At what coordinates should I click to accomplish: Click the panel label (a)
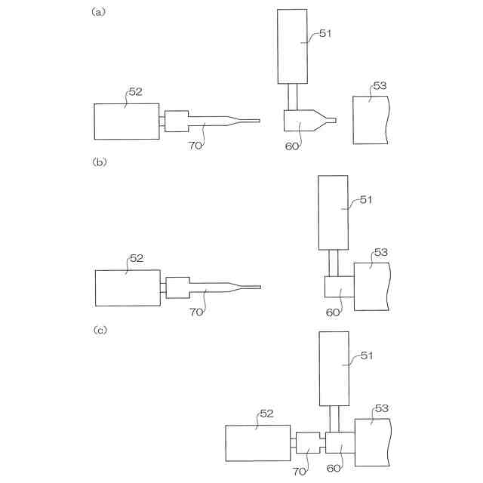[x=97, y=12]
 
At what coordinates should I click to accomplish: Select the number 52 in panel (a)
[x=135, y=92]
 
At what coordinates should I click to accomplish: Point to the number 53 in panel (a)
[x=380, y=86]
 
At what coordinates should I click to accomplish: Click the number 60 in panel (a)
[x=292, y=146]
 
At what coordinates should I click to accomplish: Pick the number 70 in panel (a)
[x=195, y=146]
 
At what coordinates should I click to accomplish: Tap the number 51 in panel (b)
[x=365, y=200]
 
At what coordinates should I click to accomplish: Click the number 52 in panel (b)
[x=136, y=258]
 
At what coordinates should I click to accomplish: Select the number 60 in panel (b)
[x=333, y=312]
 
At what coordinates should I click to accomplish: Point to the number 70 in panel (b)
[x=196, y=312]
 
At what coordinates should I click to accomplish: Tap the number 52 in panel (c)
[x=266, y=414]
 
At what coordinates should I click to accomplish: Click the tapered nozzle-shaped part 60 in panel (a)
[x=302, y=120]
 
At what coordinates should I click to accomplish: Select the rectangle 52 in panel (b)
[x=128, y=288]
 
